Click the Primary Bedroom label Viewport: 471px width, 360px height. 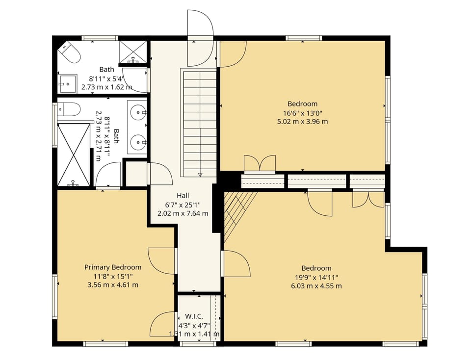tap(113, 267)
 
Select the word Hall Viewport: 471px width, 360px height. tap(183, 196)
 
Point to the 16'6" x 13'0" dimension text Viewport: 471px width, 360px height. tap(302, 113)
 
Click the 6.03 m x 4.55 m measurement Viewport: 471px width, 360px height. tap(316, 286)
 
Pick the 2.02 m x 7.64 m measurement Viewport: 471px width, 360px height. tap(183, 213)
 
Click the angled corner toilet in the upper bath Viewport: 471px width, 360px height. tap(70, 52)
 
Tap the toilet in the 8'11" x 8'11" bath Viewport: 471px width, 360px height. tap(68, 109)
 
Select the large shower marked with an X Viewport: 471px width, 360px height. tap(74, 154)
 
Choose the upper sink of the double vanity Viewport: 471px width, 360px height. tap(137, 113)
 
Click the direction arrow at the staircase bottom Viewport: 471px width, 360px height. tap(200, 174)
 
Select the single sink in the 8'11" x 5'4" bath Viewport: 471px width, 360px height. tap(67, 83)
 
